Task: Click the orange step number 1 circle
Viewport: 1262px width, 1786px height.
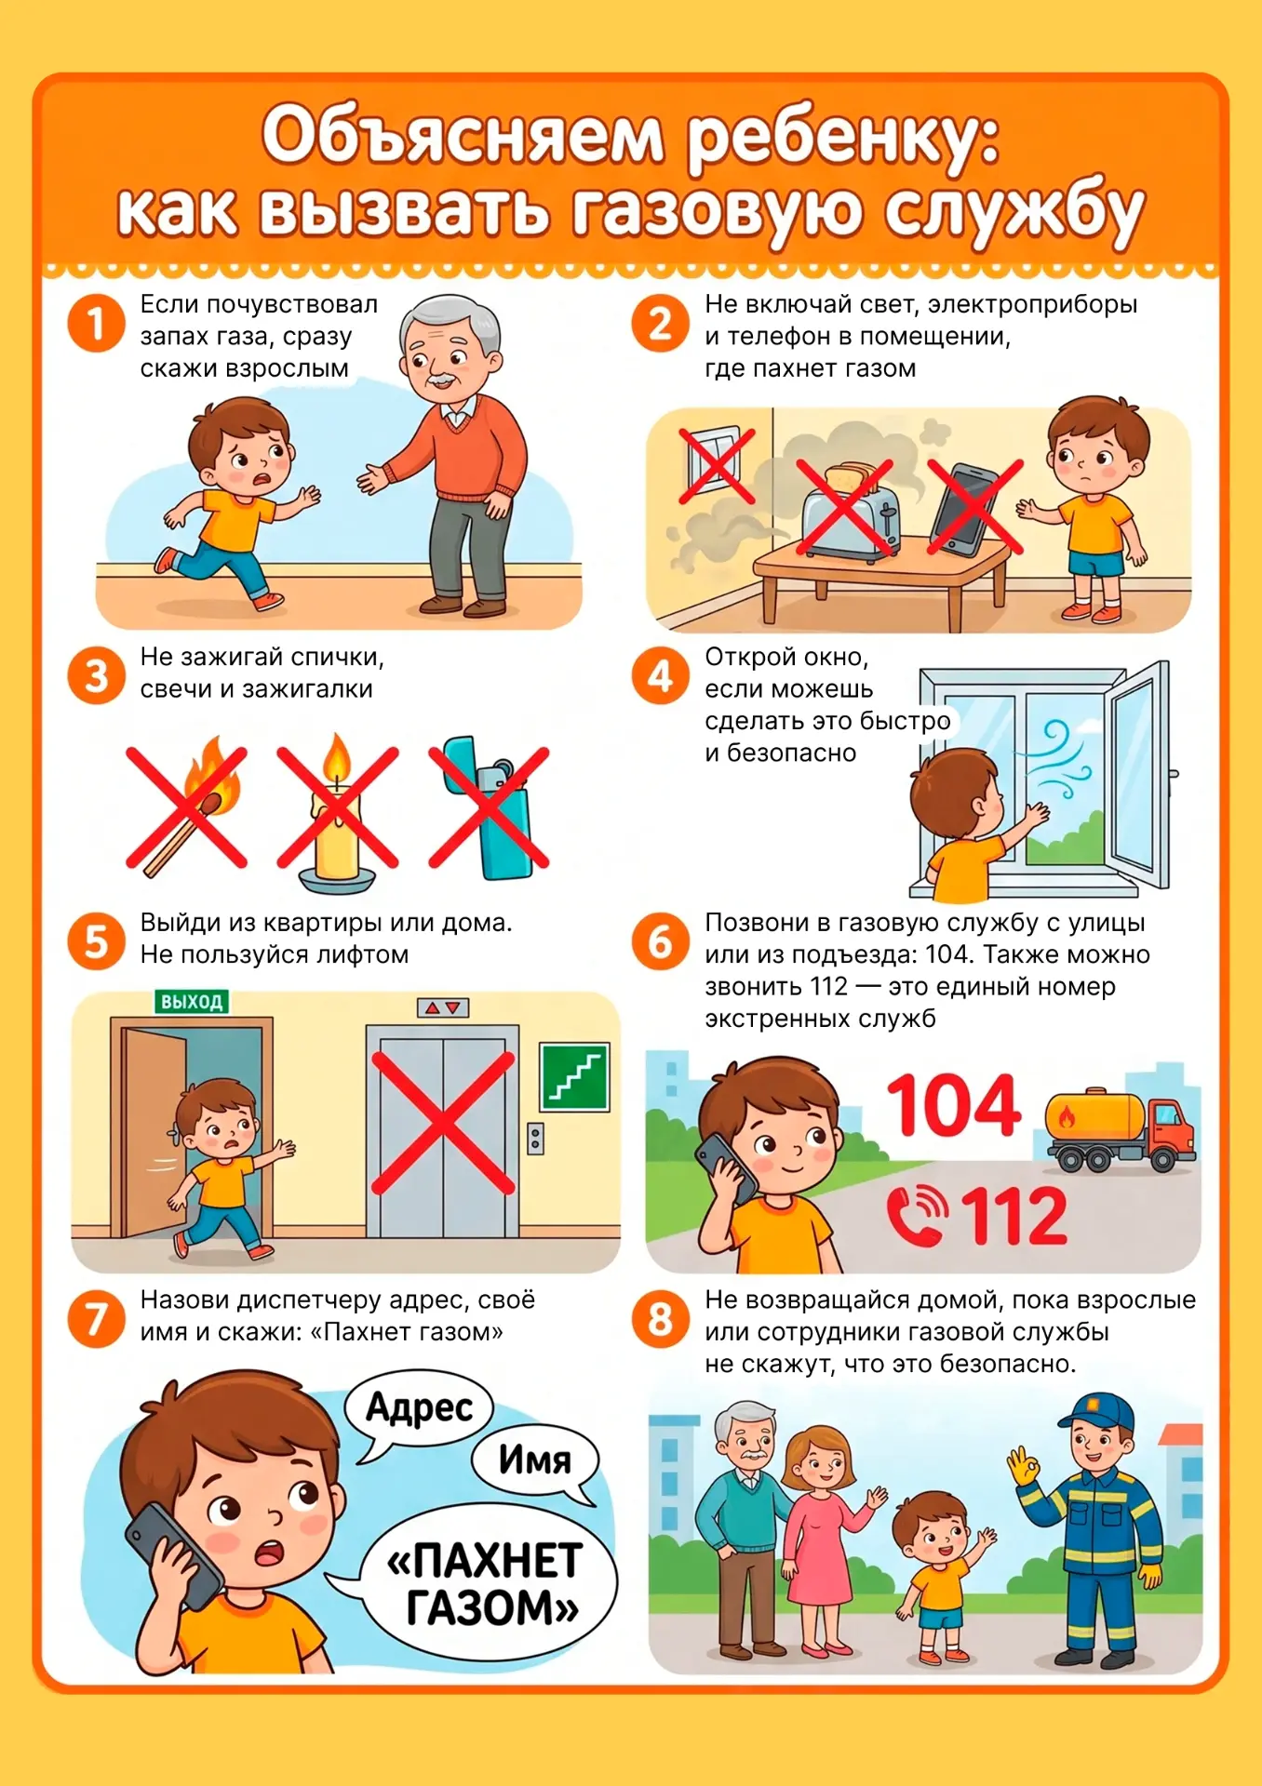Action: coord(96,324)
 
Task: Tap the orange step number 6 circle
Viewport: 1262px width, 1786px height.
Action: coord(660,941)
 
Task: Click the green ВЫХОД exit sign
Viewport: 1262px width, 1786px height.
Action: coord(192,1002)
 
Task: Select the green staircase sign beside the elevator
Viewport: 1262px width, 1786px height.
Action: coord(575,1077)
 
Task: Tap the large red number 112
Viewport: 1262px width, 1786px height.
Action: coord(1014,1216)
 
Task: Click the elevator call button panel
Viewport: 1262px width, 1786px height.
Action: coord(535,1139)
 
